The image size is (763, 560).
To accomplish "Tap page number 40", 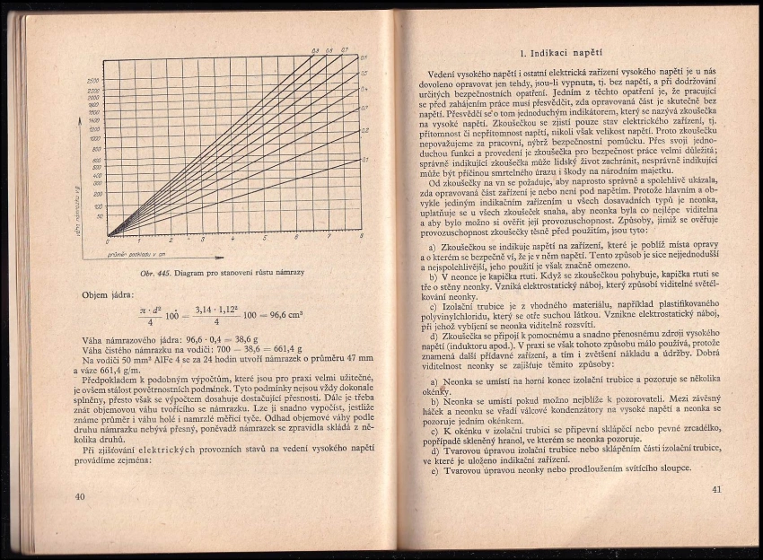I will point(80,496).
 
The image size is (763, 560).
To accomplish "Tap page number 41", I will point(715,489).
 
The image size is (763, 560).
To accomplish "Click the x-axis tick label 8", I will point(361,237).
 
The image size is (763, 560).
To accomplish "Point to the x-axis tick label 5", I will point(265,240).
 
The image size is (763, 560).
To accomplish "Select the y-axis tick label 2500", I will point(93,81).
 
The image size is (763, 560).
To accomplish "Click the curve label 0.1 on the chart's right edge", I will point(364,160).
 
